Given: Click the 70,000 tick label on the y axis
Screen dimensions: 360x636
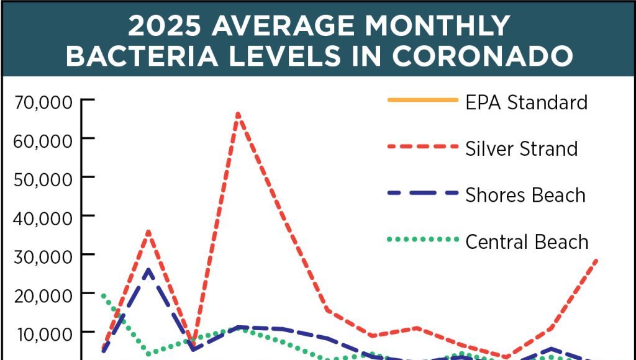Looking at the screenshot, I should tap(43, 101).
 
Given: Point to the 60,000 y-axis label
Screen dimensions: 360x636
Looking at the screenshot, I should tap(43, 140).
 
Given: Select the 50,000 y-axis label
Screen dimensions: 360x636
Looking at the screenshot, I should tap(43, 178).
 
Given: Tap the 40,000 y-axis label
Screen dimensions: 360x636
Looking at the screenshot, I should tap(43, 217).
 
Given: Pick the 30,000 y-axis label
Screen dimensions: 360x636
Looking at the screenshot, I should tap(43, 255).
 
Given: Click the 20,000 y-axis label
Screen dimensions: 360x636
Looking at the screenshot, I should tap(43, 294).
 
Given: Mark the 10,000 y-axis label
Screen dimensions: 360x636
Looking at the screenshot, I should tap(43, 333).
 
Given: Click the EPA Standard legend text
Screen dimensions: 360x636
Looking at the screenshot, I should tap(526, 101).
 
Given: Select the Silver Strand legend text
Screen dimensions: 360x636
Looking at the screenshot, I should tap(522, 148).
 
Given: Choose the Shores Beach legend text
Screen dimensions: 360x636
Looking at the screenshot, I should tap(525, 194).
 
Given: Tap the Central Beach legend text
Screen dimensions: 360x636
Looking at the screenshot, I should tap(527, 241).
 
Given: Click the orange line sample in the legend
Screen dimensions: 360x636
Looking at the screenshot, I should tap(418, 100).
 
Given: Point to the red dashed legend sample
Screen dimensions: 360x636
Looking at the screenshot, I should tap(418, 147).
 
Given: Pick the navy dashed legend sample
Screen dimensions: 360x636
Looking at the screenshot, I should tap(418, 193).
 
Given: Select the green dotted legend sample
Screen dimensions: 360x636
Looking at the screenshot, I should tap(418, 240).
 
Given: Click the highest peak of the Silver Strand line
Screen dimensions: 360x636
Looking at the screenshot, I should tap(238, 114).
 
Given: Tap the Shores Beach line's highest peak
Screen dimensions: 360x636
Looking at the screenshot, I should tap(148, 270).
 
